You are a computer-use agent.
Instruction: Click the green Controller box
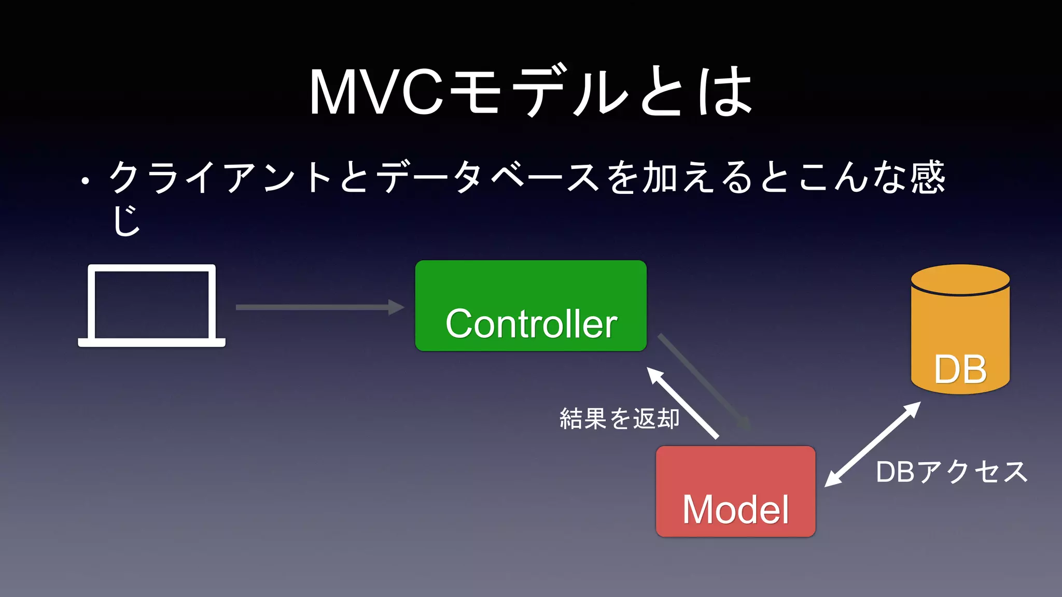(530, 306)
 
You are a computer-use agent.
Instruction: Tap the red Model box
(735, 491)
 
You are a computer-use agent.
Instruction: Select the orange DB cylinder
(960, 337)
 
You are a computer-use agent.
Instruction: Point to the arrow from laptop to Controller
(319, 307)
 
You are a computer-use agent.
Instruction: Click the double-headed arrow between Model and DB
(873, 444)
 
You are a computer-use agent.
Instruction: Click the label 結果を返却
(619, 419)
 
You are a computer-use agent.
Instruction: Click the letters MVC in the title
(376, 92)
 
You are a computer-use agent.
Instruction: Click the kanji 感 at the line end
(928, 177)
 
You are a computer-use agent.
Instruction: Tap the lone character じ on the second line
(126, 220)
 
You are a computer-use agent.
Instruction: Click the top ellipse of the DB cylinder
(960, 280)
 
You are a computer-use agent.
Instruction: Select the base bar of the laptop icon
(151, 343)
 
